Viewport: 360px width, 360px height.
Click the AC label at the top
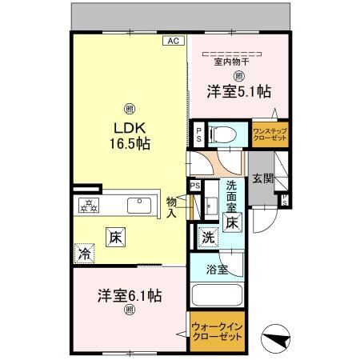[x=173, y=39]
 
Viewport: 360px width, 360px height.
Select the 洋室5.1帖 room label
[x=238, y=92]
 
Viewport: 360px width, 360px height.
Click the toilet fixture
[x=222, y=134]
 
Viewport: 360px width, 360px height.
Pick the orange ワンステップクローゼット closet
[x=270, y=134]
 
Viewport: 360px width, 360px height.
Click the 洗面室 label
[x=232, y=196]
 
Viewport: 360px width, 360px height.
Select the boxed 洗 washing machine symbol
[x=208, y=237]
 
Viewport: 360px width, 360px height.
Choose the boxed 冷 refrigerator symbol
[x=84, y=254]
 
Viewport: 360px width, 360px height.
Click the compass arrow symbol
[x=277, y=338]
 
